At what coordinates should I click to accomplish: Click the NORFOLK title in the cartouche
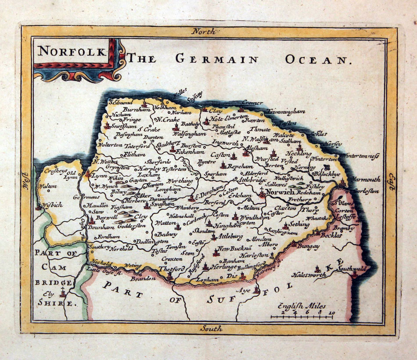click(72, 51)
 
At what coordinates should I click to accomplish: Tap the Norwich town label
click(280, 192)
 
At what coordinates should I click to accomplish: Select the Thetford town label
click(170, 269)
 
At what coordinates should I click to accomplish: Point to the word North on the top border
click(205, 31)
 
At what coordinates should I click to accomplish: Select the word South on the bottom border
click(211, 328)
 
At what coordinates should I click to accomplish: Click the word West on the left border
click(25, 180)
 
